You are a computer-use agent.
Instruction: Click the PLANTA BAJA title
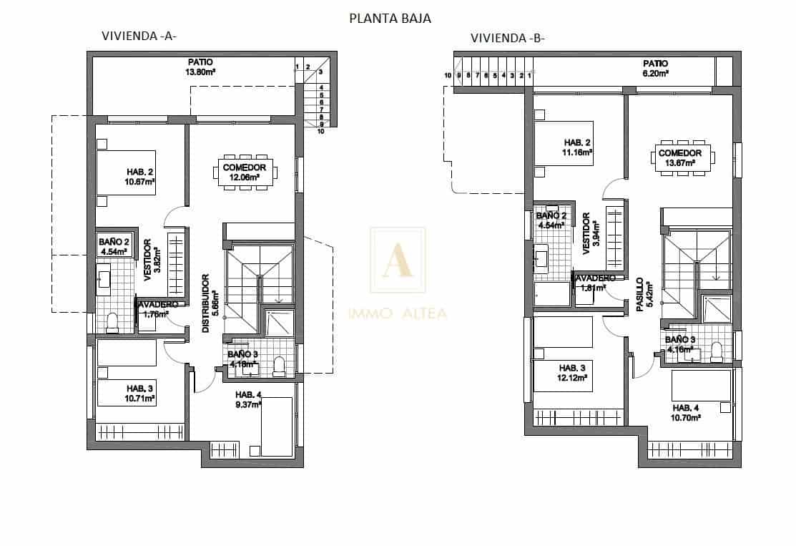[390, 19]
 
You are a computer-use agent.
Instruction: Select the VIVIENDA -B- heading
[507, 38]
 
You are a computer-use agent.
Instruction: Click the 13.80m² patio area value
[201, 72]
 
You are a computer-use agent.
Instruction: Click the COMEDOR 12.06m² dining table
[244, 172]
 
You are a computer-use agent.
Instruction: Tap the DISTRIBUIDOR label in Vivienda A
[205, 303]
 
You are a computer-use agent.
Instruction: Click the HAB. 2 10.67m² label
[141, 177]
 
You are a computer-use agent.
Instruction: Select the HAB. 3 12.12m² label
[572, 373]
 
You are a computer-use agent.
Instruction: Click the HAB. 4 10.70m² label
[685, 412]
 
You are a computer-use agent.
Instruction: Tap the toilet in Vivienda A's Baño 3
[279, 367]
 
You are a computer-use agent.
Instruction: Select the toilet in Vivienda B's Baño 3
[717, 351]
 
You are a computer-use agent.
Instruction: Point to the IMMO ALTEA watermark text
[398, 312]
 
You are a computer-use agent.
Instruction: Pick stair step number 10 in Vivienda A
[321, 131]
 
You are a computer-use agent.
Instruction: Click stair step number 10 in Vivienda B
[448, 75]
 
